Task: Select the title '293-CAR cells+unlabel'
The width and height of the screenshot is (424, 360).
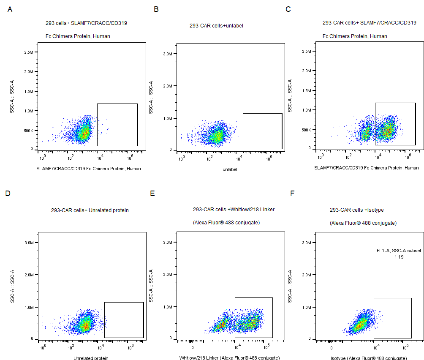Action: click(216, 26)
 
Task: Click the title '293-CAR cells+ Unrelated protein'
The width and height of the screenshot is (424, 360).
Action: click(90, 210)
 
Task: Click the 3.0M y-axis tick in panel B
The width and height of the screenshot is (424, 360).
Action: click(167, 54)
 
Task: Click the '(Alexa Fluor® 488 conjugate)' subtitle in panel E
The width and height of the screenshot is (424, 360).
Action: click(226, 223)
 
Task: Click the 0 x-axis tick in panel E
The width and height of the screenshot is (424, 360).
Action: click(193, 348)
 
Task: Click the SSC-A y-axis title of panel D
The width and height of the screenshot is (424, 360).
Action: click(13, 286)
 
